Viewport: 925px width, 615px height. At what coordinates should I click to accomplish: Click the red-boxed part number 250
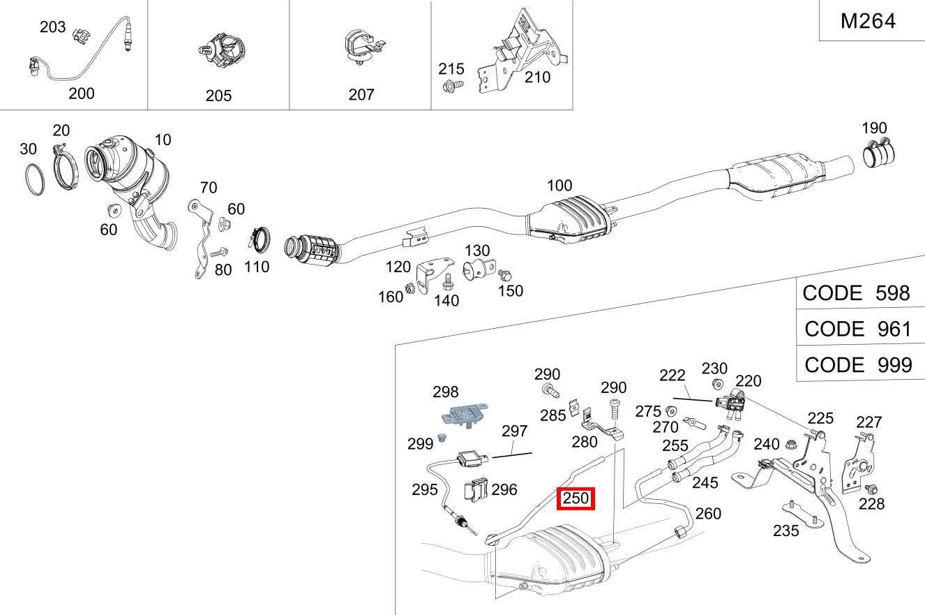576,499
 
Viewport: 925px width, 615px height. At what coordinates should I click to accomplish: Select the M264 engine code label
868,21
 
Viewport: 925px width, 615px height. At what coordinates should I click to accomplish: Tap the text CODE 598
856,293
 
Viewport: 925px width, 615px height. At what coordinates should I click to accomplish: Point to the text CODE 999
857,364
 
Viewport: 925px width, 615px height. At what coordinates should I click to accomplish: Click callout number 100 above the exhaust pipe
559,186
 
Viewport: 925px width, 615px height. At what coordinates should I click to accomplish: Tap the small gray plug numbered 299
441,438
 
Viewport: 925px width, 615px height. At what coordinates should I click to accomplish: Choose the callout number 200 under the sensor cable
82,93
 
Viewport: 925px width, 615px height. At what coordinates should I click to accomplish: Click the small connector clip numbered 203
82,34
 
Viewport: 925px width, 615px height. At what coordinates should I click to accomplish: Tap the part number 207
361,94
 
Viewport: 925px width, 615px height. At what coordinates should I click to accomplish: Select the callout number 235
786,530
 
